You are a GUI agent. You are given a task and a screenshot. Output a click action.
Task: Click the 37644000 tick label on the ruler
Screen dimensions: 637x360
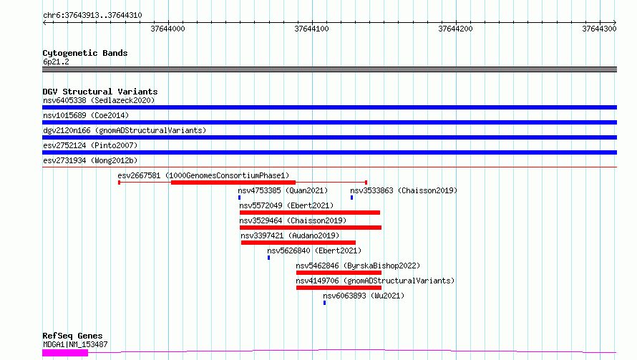167,29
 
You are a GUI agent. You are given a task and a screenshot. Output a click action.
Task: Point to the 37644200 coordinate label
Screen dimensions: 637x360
455,29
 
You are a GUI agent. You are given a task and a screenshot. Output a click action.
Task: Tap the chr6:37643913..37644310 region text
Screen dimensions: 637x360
92,16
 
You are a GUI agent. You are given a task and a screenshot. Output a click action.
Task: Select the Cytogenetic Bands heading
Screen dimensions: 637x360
85,53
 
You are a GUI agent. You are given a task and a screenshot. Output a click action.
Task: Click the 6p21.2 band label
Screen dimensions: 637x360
56,62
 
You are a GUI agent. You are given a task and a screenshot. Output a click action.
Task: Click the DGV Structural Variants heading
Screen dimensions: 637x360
100,92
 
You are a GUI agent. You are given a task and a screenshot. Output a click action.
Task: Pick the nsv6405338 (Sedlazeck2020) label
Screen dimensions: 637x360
99,100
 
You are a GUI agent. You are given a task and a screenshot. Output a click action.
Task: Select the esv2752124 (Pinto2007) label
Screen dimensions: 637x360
90,145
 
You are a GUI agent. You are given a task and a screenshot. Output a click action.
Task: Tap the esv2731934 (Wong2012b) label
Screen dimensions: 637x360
90,160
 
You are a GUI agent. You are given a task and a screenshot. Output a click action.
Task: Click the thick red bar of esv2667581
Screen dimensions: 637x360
233,183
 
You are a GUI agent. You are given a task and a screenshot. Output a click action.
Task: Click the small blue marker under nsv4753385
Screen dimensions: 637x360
239,198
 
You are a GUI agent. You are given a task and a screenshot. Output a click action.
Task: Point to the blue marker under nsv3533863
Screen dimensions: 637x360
352,198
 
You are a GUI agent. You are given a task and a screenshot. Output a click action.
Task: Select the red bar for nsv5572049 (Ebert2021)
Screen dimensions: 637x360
310,213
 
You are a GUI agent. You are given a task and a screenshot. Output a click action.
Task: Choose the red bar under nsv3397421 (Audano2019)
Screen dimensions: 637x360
298,243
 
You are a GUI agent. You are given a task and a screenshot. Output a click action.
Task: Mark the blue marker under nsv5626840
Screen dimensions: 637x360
268,258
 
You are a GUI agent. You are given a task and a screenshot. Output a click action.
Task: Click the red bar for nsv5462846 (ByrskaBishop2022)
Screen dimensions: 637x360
339,273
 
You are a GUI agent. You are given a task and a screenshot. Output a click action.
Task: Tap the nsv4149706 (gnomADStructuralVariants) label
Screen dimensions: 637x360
375,281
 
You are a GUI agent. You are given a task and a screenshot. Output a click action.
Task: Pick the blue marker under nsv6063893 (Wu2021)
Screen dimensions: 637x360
325,303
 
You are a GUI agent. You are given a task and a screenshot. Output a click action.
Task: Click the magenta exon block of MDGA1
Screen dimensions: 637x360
65,353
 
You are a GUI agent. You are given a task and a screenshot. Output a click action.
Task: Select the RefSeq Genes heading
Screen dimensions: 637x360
73,336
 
